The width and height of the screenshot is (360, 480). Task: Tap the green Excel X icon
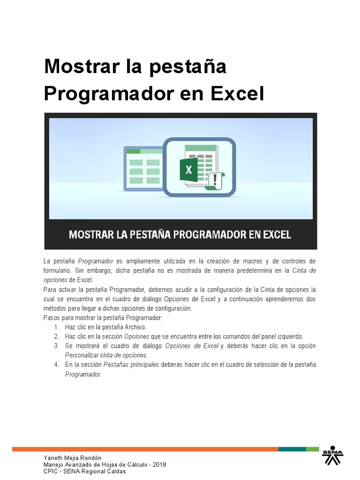[189, 170]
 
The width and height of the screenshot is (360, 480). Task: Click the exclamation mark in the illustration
[215, 179]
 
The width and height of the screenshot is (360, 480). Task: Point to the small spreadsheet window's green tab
[134, 151]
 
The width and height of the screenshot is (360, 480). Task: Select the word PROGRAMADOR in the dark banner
[210, 234]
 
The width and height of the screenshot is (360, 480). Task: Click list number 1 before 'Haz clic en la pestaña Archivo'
[56, 327]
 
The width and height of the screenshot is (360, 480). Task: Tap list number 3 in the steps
[56, 346]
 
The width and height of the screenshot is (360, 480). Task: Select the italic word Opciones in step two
[136, 337]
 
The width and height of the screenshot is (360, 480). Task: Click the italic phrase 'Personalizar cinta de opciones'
[106, 355]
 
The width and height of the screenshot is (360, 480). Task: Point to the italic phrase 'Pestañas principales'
[131, 364]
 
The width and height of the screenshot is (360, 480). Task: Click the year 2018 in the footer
[159, 465]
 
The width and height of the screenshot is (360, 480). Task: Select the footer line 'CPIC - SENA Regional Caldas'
[84, 472]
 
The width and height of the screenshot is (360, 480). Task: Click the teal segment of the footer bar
[292, 449]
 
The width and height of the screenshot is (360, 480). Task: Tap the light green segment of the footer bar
[312, 449]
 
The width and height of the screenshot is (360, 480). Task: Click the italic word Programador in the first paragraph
[96, 261]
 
